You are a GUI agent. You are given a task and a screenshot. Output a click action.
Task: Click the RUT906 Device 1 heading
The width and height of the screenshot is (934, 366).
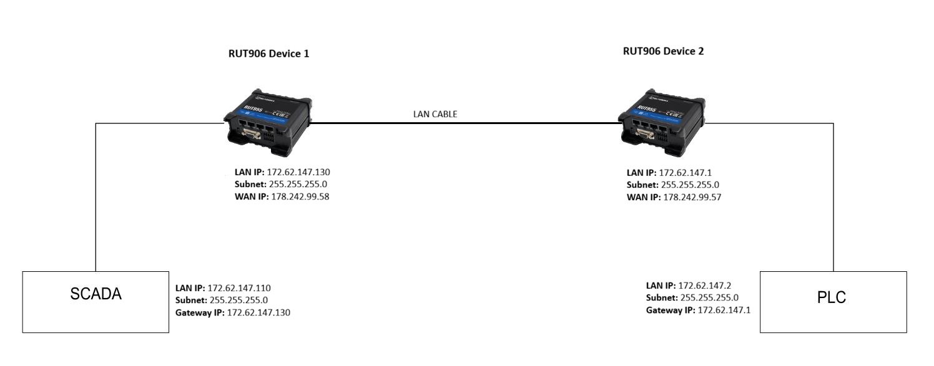click(270, 54)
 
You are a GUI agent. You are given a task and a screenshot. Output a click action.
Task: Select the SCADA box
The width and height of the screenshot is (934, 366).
click(95, 301)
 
